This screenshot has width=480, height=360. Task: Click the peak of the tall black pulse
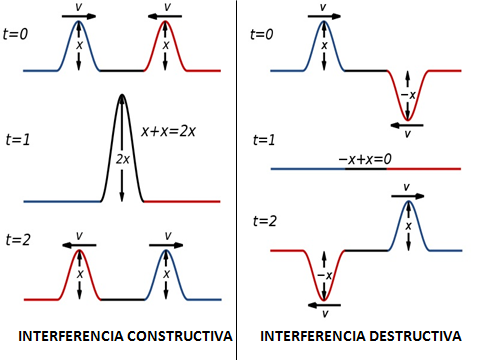[122, 96]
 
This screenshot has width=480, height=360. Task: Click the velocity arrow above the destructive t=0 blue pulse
[322, 15]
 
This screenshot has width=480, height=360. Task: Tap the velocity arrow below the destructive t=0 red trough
[407, 124]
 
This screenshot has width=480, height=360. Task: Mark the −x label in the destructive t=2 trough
[322, 275]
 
